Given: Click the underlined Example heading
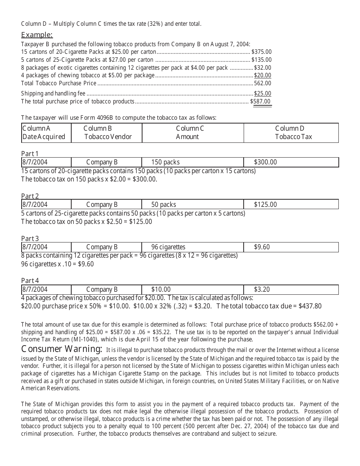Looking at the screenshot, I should (37, 35).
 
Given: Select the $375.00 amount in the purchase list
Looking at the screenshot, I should (261, 52).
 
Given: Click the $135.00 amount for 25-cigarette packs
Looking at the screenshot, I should (261, 59).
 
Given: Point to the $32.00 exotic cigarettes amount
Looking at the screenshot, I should (263, 67).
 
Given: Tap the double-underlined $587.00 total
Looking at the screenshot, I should (261, 102).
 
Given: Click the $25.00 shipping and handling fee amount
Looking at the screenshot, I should (263, 94).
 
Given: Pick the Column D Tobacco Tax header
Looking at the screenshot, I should (291, 133).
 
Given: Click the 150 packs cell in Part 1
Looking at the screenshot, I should (166, 162).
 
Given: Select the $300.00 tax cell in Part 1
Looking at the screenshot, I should (265, 162).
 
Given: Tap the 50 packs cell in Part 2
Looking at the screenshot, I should (164, 205).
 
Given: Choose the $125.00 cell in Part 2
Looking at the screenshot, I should (265, 205).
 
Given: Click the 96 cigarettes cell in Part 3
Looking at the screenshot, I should (168, 247).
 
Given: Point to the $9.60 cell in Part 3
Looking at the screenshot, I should (262, 247).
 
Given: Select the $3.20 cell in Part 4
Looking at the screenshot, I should (262, 289).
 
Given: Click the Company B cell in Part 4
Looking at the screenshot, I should (102, 289).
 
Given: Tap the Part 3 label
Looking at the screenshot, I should (30, 239).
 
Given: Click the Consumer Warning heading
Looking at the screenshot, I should (61, 349).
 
